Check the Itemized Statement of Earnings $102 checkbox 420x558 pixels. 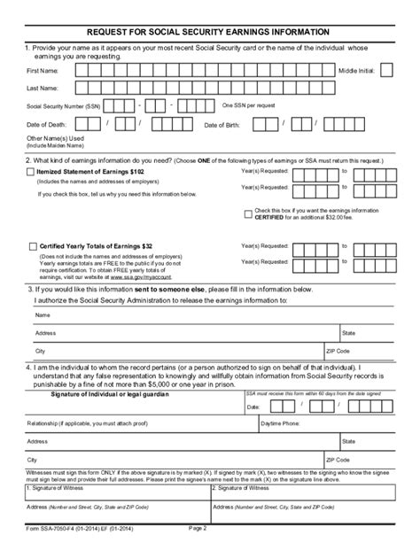[33, 171]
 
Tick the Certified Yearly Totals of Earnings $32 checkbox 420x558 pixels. [33, 245]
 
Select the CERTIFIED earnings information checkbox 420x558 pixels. [249, 213]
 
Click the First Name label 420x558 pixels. [44, 70]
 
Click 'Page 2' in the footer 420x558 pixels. [198, 552]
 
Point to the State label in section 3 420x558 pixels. [349, 332]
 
